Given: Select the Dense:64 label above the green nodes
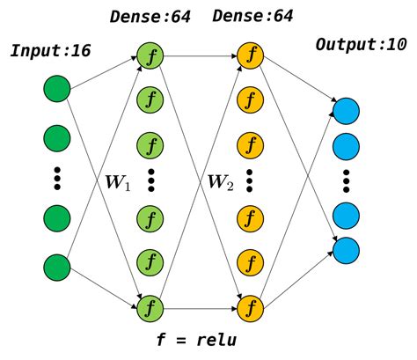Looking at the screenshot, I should (x=149, y=16).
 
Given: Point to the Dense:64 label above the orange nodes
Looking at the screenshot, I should (x=252, y=16).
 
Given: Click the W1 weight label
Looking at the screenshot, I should (x=117, y=184).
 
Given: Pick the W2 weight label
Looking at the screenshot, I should (x=220, y=184).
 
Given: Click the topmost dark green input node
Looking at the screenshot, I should (x=57, y=89).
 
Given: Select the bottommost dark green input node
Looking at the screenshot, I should (x=57, y=265).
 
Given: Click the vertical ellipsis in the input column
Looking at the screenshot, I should (x=57, y=175).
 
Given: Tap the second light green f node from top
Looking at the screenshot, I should (x=150, y=98).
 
